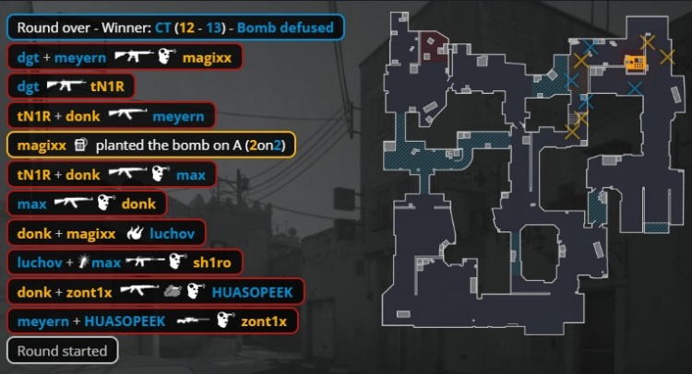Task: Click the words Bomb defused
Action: click(285, 28)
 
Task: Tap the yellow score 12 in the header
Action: click(186, 28)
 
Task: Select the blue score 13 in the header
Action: click(214, 28)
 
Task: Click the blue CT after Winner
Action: click(162, 28)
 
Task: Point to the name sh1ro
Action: click(212, 263)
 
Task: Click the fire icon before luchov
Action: click(135, 233)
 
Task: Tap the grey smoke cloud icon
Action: click(173, 291)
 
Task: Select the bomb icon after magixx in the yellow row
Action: click(80, 145)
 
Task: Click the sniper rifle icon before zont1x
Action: click(193, 321)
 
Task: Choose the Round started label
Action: click(62, 351)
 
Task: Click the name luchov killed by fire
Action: click(173, 233)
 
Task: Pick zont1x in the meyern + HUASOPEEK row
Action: click(264, 321)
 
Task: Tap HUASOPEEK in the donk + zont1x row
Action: click(253, 292)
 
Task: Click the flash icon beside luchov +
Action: click(83, 263)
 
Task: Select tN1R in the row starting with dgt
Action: click(107, 87)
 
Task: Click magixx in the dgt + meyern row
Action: click(207, 57)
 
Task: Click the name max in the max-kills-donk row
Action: click(32, 204)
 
